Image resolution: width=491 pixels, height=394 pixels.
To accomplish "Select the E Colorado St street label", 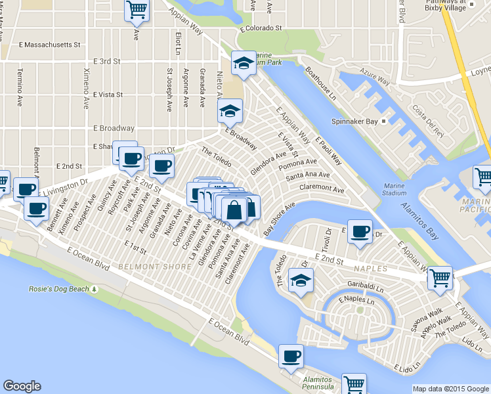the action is pyautogui.click(x=261, y=28).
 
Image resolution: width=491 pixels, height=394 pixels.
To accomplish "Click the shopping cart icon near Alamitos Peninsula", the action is pyautogui.click(x=354, y=383).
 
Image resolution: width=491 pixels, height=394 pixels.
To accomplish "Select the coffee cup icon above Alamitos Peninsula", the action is pyautogui.click(x=291, y=356).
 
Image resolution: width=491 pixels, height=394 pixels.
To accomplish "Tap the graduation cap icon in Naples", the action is pyautogui.click(x=301, y=280).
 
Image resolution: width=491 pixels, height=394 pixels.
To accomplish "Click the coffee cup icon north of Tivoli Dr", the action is pyautogui.click(x=360, y=231).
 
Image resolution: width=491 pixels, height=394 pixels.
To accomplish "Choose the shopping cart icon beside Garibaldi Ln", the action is pyautogui.click(x=439, y=278).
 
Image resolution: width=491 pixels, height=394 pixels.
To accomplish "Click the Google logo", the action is pyautogui.click(x=22, y=386).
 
